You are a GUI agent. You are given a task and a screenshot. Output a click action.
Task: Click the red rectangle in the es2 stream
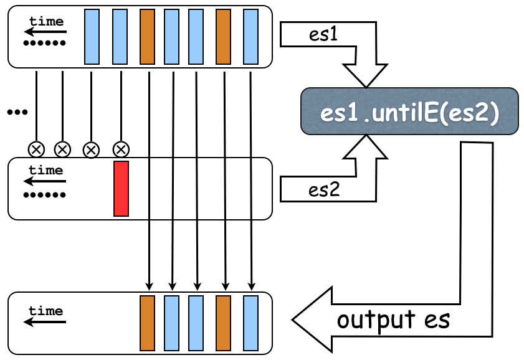point(121,189)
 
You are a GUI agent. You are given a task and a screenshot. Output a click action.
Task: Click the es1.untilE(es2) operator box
point(409,111)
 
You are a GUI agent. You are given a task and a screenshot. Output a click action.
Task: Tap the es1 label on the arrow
point(323,36)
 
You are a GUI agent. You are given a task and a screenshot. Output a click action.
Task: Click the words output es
point(394,320)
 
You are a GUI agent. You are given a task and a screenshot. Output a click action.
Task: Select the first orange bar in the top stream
point(147,37)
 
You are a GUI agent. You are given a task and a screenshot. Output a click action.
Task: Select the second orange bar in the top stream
point(224,37)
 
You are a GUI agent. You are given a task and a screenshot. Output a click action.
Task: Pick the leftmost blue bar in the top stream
point(92,37)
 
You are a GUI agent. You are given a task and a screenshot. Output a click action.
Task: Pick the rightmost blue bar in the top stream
point(250,37)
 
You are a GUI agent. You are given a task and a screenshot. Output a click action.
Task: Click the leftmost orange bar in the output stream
point(147,323)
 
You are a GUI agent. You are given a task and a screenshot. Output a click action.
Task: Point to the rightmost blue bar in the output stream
point(250,323)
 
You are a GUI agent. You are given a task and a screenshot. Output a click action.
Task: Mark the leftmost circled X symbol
point(36,149)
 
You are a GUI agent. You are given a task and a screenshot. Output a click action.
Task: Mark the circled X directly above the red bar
point(121,149)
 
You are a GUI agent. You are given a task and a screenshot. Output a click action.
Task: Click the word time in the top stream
point(46,22)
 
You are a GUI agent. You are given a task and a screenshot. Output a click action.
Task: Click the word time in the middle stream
point(46,170)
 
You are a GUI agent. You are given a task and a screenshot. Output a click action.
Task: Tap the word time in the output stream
point(46,311)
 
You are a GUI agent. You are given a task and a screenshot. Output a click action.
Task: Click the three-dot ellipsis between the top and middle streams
point(17,112)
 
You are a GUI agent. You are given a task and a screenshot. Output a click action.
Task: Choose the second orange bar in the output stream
point(224,323)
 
